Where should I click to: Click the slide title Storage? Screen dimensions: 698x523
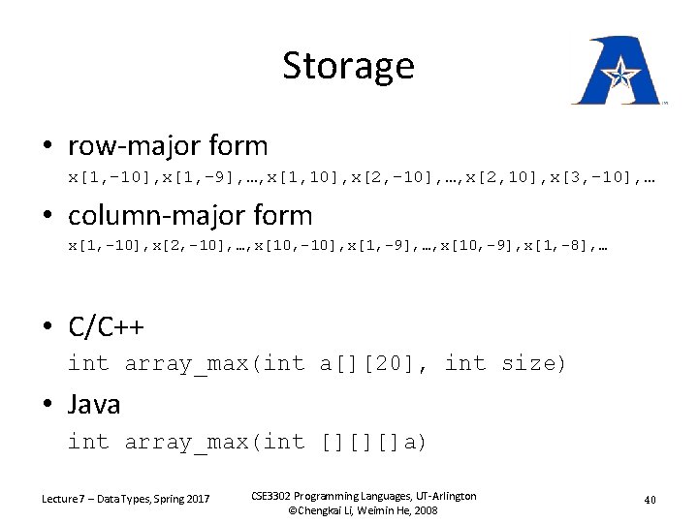pyautogui.click(x=348, y=66)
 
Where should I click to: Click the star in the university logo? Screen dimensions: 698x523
pyautogui.click(x=617, y=72)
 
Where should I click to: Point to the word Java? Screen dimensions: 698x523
pyautogui.click(x=94, y=404)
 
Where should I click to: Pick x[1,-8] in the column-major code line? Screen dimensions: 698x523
pyautogui.click(x=558, y=247)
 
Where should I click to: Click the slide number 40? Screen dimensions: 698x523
pyautogui.click(x=650, y=500)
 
